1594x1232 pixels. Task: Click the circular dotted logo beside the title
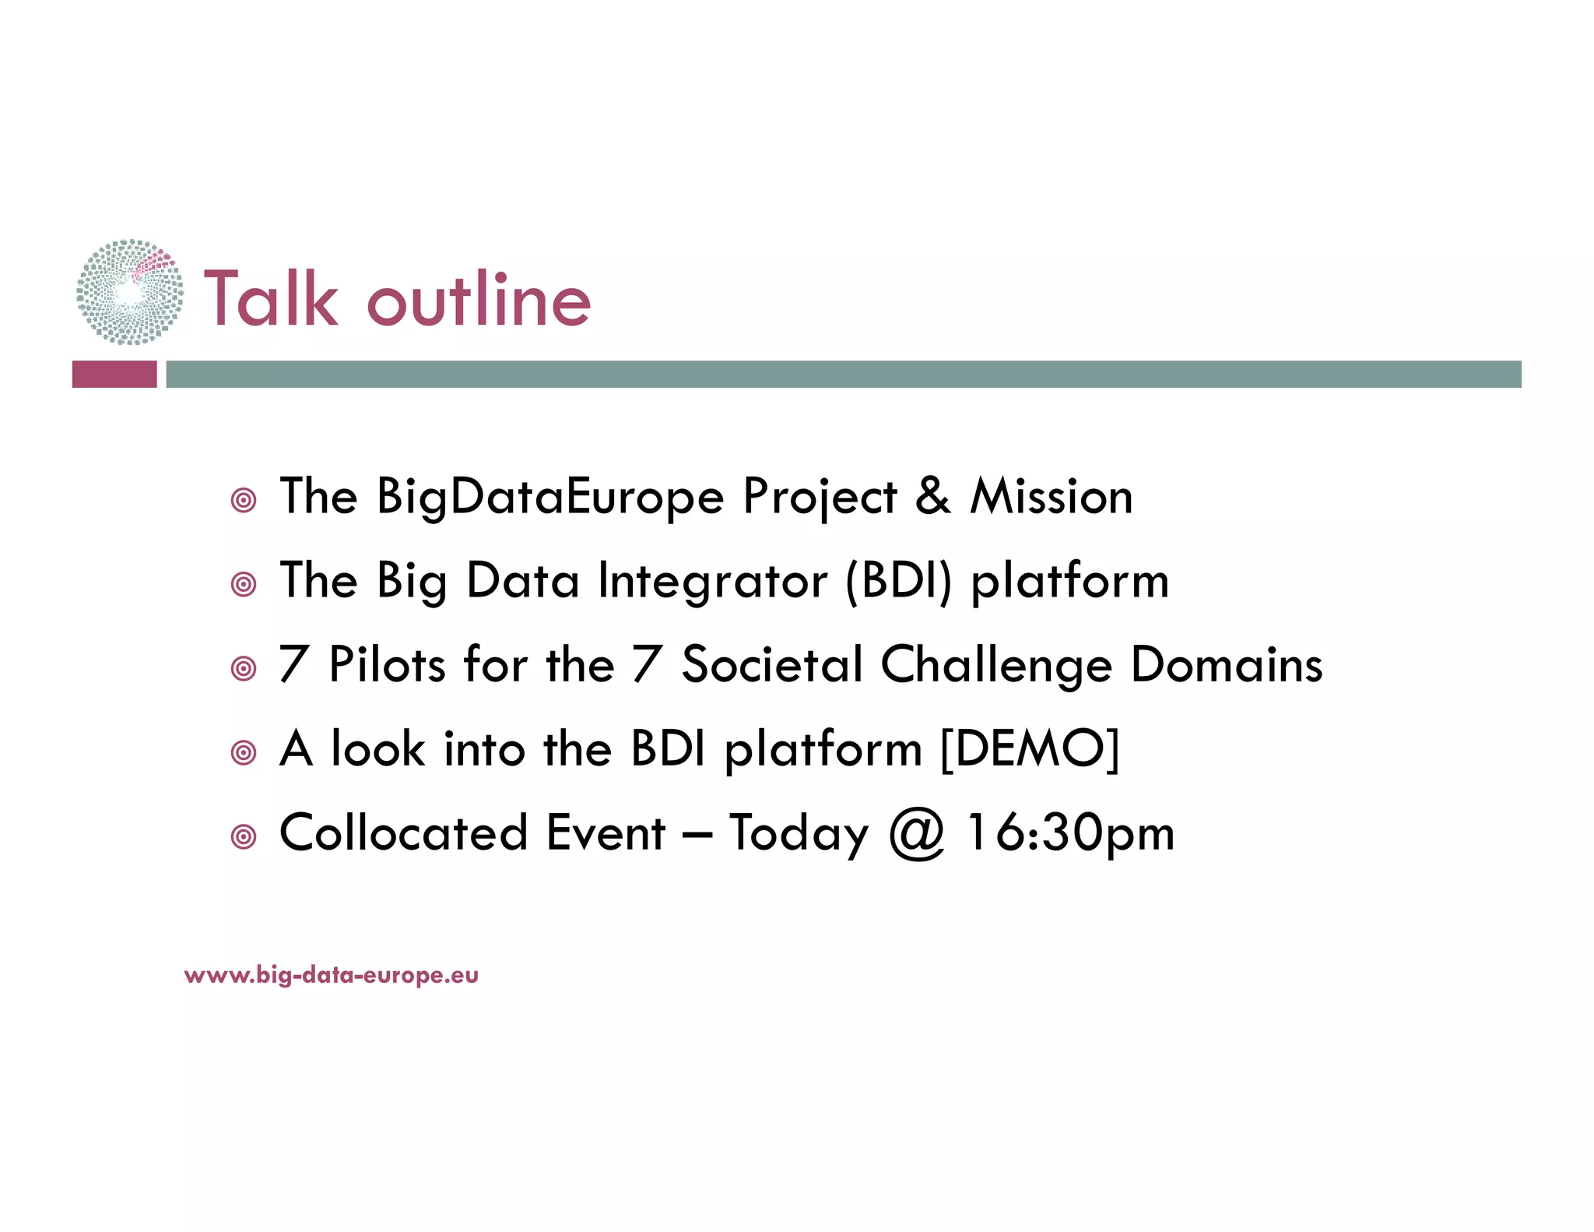coord(130,292)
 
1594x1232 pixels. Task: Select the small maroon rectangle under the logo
coord(114,374)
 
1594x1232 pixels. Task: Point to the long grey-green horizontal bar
coord(843,374)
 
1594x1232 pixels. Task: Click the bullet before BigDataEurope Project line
coord(244,500)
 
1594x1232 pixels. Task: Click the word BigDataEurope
coord(549,497)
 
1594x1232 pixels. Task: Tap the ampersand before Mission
coord(932,496)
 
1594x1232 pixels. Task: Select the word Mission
coord(1051,496)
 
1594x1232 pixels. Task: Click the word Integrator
coord(712,581)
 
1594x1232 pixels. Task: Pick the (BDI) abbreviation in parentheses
coord(898,581)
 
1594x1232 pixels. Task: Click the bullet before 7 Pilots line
coord(244,668)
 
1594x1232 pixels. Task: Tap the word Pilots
coord(387,665)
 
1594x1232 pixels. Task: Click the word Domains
coord(1226,665)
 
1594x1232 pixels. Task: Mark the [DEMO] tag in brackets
coord(1029,749)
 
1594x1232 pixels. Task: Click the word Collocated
coord(403,833)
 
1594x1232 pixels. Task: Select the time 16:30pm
coord(1070,833)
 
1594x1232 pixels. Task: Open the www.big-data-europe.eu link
coord(331,975)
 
